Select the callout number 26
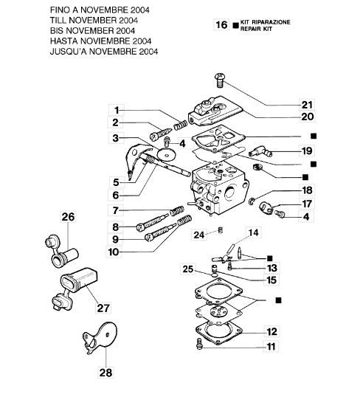[68, 217]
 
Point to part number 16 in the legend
[221, 24]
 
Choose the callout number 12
[271, 331]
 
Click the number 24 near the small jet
[198, 235]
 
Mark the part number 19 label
[306, 151]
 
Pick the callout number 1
[117, 109]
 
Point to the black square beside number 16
[235, 25]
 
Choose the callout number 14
[253, 232]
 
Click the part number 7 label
[117, 211]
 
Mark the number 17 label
[306, 203]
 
